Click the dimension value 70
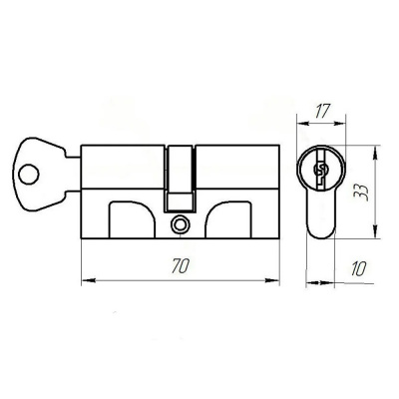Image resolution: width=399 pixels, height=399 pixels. click(x=181, y=266)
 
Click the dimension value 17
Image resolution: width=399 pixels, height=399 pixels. click(x=322, y=112)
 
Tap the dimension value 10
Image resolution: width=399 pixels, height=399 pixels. click(x=358, y=268)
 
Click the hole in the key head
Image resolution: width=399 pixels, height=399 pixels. click(x=29, y=175)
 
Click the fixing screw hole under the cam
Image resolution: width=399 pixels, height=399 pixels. click(x=180, y=224)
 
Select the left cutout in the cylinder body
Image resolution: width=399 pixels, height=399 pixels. click(x=132, y=219)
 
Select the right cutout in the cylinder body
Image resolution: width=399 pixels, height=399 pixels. click(x=228, y=219)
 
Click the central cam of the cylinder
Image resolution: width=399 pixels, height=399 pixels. click(x=180, y=179)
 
